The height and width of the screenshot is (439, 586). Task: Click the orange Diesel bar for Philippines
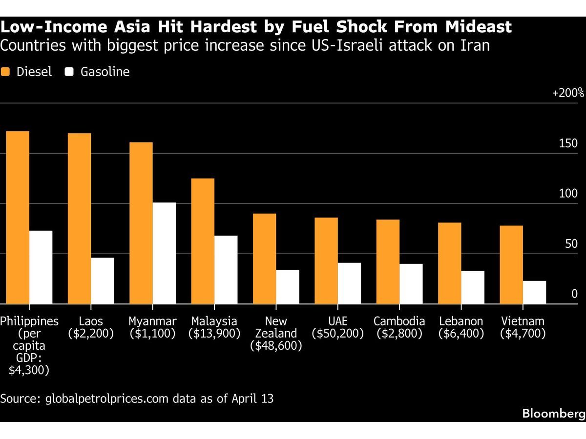18,218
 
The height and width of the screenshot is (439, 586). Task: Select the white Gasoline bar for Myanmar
164,253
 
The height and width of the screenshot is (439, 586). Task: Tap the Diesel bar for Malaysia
203,241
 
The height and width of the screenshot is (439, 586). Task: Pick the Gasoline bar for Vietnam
534,292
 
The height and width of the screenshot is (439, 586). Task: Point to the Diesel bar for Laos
79,219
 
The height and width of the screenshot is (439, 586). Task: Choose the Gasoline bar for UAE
349,283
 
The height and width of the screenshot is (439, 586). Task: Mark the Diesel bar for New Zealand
264,259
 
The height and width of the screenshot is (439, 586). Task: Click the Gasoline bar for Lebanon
473,287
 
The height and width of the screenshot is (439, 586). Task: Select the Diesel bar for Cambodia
388,261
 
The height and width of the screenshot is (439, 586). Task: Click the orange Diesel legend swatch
6,72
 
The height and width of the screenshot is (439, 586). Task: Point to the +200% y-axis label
568,93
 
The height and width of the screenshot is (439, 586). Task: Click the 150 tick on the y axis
568,143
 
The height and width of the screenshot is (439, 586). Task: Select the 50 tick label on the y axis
571,244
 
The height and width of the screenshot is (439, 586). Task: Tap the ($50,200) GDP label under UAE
338,334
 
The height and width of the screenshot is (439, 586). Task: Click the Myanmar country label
153,321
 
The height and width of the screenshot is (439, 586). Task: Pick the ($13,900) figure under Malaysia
214,334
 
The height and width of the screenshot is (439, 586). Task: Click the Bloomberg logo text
554,414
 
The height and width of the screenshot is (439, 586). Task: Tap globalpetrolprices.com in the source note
108,399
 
